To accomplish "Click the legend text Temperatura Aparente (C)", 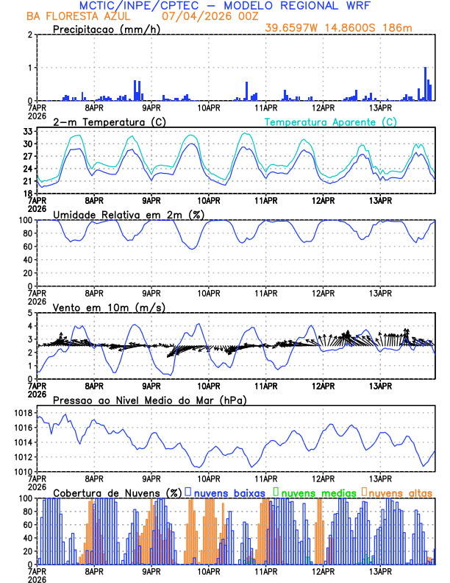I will [x=330, y=121].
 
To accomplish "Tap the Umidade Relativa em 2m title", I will [x=129, y=214].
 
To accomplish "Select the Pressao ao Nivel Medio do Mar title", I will [x=150, y=400].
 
